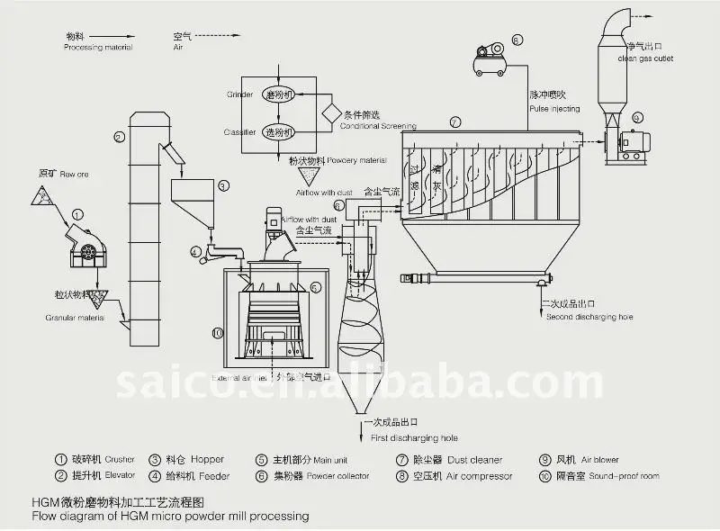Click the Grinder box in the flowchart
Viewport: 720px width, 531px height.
279,94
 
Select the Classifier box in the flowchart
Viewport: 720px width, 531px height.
279,131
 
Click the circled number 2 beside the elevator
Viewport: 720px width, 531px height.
119,137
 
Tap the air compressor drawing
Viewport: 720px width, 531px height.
491,61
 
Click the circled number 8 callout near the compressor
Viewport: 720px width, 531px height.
517,40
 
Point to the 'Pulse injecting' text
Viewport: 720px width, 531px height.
553,109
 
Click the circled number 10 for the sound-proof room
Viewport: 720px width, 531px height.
217,332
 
